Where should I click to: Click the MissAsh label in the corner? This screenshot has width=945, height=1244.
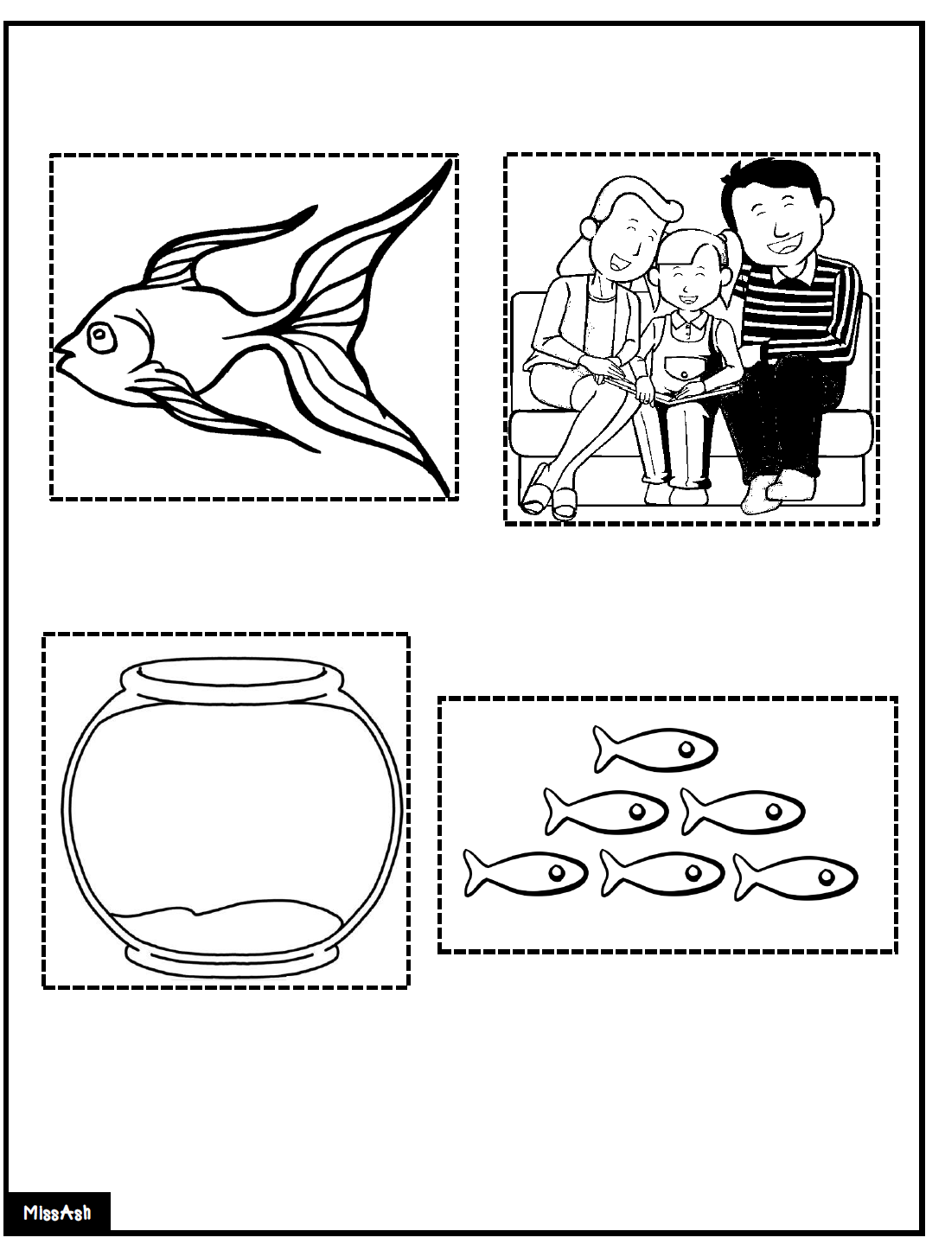[x=57, y=1213]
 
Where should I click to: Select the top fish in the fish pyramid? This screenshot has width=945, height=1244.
[x=655, y=750]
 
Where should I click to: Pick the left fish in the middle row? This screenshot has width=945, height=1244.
[x=605, y=812]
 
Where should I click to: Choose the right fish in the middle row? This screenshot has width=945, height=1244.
[x=742, y=812]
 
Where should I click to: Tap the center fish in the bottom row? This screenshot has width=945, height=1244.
[x=661, y=873]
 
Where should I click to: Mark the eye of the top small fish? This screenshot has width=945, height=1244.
[x=686, y=749]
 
